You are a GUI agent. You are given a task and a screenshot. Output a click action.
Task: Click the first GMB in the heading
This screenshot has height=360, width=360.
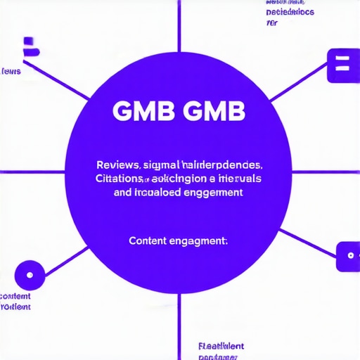point(139,111)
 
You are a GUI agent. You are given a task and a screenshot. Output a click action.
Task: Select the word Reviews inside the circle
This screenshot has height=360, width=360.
point(117,165)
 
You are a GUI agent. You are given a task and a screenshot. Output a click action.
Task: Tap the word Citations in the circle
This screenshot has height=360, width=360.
point(120,179)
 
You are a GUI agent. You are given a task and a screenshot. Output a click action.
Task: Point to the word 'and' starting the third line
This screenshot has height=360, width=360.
point(122,191)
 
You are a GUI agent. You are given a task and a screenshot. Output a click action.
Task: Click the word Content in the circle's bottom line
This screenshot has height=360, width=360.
point(147,240)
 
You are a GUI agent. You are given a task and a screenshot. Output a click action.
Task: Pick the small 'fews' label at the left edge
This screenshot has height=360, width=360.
point(11,71)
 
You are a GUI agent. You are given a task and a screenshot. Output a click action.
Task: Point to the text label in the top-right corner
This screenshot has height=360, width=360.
point(290,12)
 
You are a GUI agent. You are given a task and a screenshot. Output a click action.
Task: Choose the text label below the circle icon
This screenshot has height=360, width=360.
point(15,302)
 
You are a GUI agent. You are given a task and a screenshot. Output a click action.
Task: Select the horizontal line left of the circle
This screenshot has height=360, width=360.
point(32,172)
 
